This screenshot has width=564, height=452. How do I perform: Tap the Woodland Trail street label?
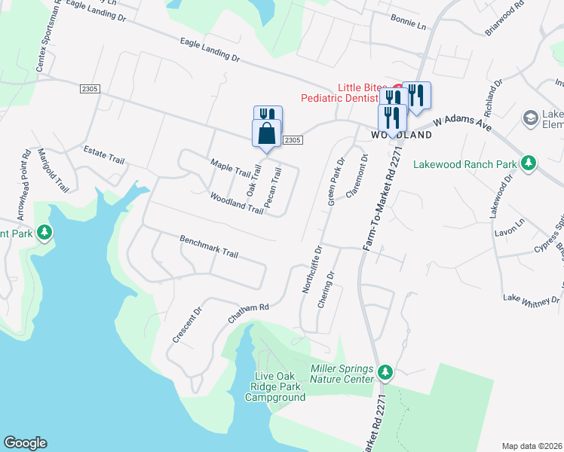click(x=236, y=203)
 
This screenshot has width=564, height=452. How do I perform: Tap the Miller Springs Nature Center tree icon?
click(x=385, y=372)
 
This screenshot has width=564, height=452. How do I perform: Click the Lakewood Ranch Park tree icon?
click(x=529, y=163)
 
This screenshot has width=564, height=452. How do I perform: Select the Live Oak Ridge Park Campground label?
click(x=275, y=386)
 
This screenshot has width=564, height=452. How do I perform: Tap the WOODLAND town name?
click(x=401, y=136)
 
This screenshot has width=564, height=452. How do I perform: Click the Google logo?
click(x=25, y=443)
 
